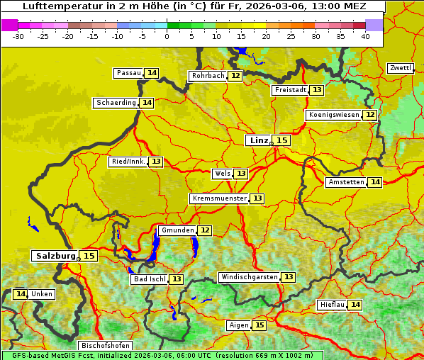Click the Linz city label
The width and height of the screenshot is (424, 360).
click(258, 140)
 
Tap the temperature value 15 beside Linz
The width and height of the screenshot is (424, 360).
click(282, 140)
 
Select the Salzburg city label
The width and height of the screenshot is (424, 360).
click(55, 256)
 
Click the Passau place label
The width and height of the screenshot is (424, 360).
click(129, 73)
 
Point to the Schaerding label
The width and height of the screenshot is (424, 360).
click(116, 103)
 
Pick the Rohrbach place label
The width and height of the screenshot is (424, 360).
click(208, 76)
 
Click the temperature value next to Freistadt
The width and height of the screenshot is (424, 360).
click(316, 90)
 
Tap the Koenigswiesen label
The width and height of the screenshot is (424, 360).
click(334, 115)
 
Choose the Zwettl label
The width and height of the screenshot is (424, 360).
click(400, 68)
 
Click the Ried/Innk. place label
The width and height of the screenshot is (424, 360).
click(128, 162)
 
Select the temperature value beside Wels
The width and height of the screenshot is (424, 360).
click(241, 174)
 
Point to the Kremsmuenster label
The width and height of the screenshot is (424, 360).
click(219, 198)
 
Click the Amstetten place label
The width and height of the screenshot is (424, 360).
click(345, 182)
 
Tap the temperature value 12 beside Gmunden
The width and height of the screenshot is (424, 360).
click(204, 230)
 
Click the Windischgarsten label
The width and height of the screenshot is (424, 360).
click(249, 277)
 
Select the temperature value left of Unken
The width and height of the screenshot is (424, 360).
click(21, 294)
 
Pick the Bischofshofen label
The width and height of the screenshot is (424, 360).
click(104, 346)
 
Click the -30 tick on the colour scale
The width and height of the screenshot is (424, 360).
click(18, 36)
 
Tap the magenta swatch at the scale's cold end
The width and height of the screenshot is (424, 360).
click(10, 25)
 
